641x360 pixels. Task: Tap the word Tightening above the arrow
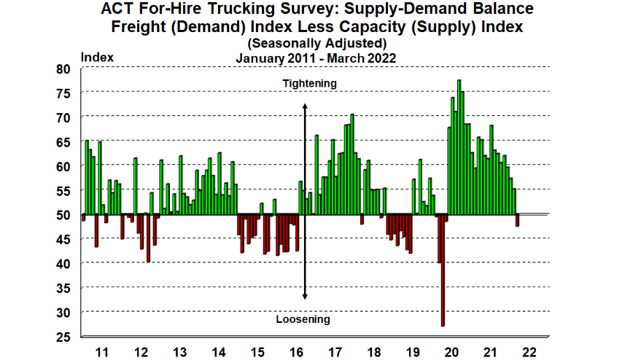310,83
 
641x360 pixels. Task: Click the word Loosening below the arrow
303,319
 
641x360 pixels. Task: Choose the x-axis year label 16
296,351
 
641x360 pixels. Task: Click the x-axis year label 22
529,351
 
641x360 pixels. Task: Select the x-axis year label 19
413,351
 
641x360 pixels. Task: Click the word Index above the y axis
96,56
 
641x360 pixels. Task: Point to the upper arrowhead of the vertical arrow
305,106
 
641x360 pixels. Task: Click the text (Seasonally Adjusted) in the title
316,44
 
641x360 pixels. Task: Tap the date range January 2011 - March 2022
316,58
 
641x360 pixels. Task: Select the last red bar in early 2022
517,220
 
